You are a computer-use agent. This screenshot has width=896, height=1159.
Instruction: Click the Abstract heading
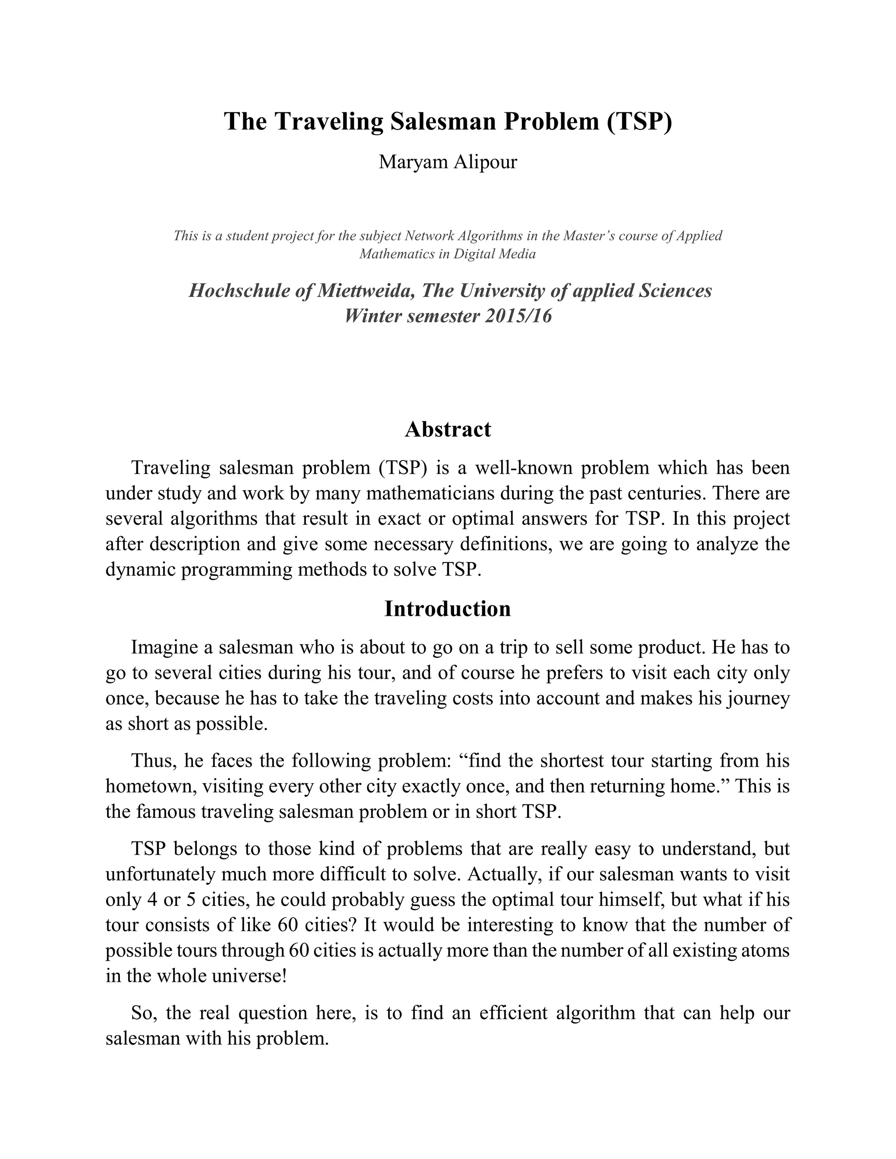point(448,429)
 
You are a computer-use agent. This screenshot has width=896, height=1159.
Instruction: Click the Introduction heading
point(448,609)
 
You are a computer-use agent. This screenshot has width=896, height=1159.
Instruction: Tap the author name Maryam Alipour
point(448,161)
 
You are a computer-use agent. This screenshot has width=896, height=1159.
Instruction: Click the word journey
point(759,698)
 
